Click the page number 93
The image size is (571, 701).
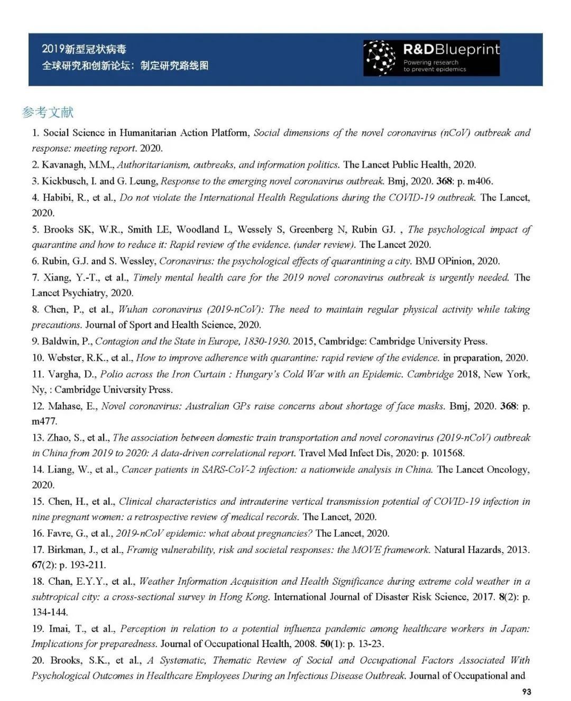tap(526, 691)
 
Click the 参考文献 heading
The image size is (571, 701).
tap(48, 112)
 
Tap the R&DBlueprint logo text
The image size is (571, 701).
tap(450, 50)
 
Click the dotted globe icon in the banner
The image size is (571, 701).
tap(381, 58)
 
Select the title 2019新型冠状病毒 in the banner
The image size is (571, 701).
tap(84, 49)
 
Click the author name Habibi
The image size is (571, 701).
tap(59, 198)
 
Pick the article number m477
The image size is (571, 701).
tap(44, 421)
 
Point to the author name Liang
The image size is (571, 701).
tap(61, 469)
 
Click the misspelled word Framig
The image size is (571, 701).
tap(142, 550)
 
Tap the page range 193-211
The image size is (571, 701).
tap(88, 565)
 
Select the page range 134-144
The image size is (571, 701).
tap(50, 612)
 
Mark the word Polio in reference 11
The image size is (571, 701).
tap(111, 374)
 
